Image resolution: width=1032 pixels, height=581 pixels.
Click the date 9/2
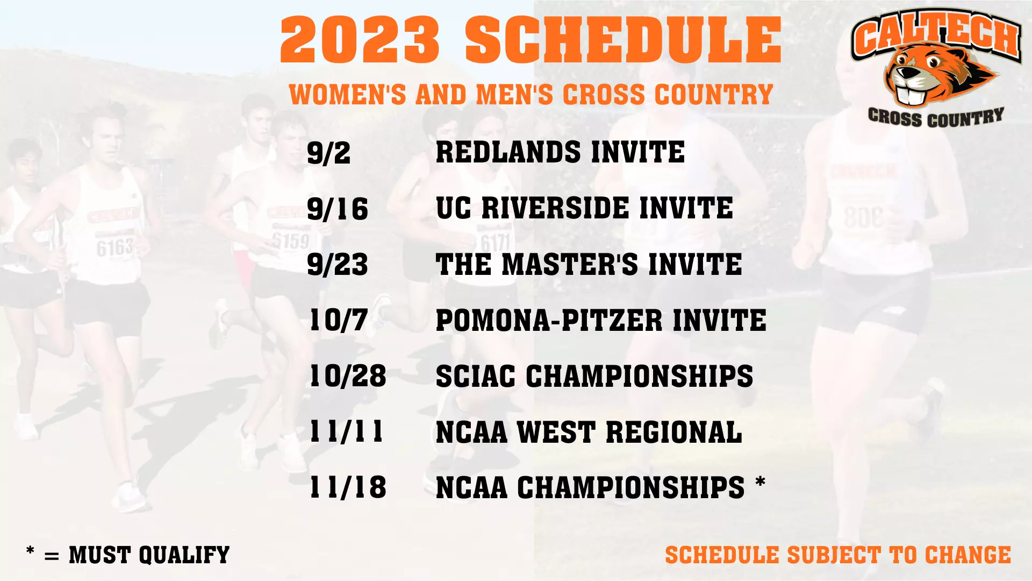pos(328,153)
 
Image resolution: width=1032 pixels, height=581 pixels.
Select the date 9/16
pos(338,209)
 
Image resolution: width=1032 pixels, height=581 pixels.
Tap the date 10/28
pos(348,376)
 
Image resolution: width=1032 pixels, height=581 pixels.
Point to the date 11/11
pos(347,432)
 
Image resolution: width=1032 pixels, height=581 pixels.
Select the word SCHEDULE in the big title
pos(623,40)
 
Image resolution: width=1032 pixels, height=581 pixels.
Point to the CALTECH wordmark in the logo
pos(936,33)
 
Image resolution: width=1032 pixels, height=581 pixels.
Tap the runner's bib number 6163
pos(114,247)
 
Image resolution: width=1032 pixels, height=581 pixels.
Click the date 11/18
pos(348,488)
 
